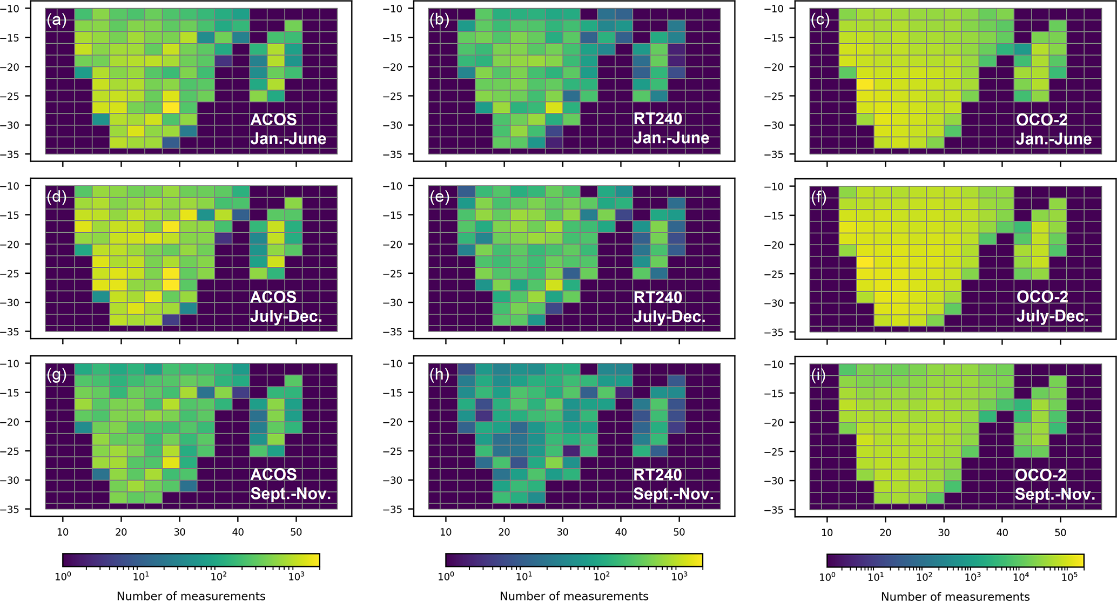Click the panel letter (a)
(x=56, y=20)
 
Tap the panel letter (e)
(x=439, y=197)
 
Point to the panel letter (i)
(x=819, y=375)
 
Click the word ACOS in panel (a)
(x=273, y=119)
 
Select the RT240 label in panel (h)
(x=658, y=475)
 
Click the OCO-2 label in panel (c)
(x=1042, y=119)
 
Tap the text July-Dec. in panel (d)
(x=286, y=316)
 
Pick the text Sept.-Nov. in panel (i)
(x=1055, y=494)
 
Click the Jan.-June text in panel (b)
(x=671, y=138)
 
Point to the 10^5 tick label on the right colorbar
(x=1067, y=577)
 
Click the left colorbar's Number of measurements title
(x=191, y=596)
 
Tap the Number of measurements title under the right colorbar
(x=955, y=596)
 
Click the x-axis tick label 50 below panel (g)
(x=296, y=532)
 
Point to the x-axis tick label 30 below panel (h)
(x=562, y=532)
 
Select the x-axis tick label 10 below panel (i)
(x=827, y=532)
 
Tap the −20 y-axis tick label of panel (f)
(x=776, y=245)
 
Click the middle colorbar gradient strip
(x=574, y=561)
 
